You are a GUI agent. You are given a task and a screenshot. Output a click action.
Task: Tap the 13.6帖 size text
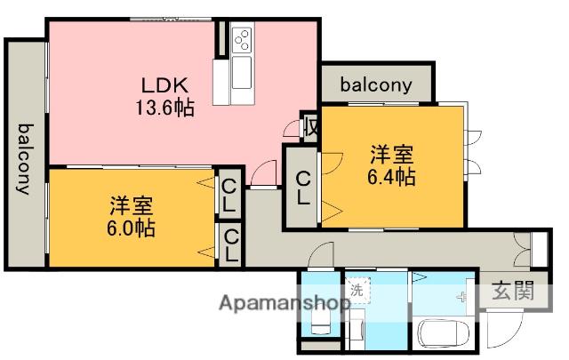[x=164, y=108]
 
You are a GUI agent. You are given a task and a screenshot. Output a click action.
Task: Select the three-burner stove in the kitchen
[x=243, y=41]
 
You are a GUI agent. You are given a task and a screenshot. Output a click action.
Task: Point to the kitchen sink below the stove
[x=243, y=75]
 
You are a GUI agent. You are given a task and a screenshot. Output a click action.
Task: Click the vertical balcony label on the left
[x=23, y=159]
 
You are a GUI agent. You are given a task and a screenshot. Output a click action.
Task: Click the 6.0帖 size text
[x=130, y=228]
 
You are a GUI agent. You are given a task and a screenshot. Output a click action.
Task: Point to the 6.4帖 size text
[x=390, y=176]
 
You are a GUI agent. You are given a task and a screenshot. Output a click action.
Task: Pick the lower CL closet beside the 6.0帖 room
[x=229, y=244]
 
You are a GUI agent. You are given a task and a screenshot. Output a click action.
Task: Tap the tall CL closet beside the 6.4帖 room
[x=303, y=187]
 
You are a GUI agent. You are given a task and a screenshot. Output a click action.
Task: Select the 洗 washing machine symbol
[x=357, y=289]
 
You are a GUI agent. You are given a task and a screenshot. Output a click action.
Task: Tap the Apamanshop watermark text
[x=284, y=303]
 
